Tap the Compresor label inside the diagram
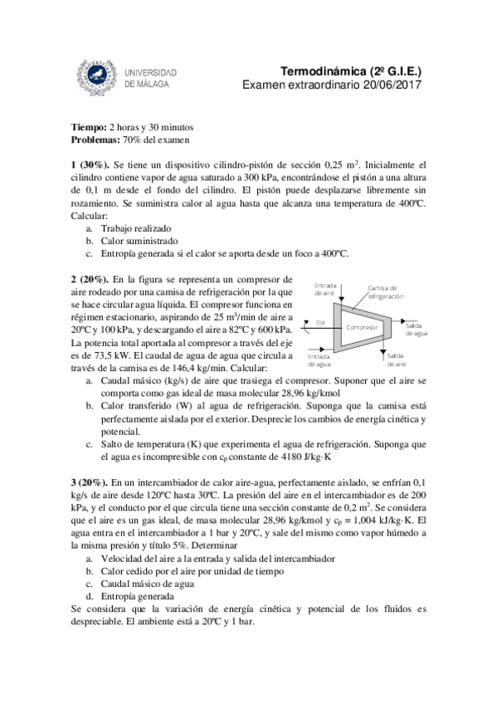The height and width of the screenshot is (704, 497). (362, 327)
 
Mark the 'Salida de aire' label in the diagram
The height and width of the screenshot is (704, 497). (396, 359)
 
